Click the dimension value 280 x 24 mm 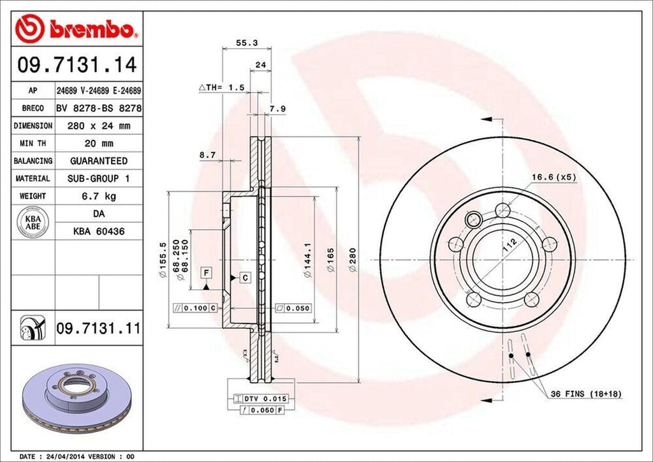pyautogui.click(x=98, y=126)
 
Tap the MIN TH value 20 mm pyautogui.click(x=98, y=144)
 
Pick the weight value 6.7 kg pyautogui.click(x=98, y=196)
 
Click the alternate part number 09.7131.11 pyautogui.click(x=98, y=329)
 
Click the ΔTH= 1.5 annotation pyautogui.click(x=222, y=87)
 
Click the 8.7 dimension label pyautogui.click(x=207, y=155)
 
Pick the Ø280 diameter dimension pyautogui.click(x=353, y=260)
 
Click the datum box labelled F pyautogui.click(x=206, y=272)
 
